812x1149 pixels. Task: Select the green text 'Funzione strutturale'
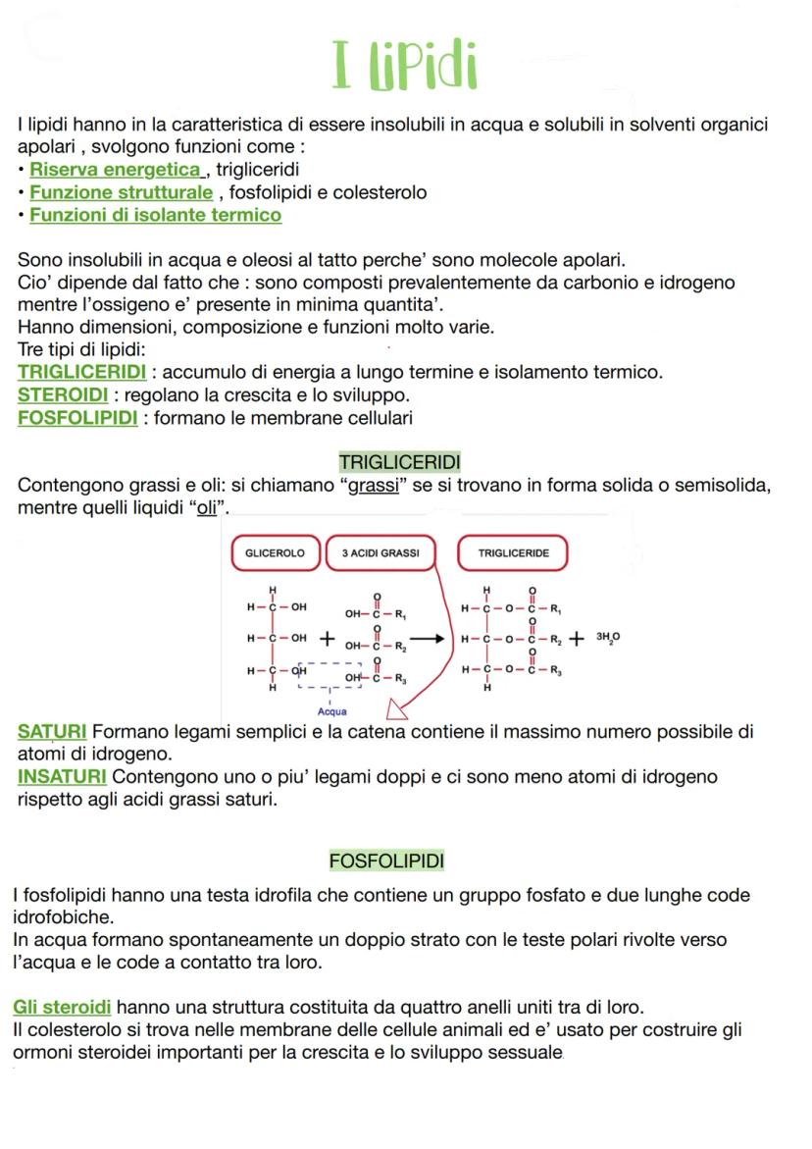point(121,192)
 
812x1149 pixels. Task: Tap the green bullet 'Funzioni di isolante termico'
point(155,215)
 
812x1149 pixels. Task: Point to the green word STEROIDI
point(64,395)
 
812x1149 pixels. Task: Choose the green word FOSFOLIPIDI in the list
point(77,418)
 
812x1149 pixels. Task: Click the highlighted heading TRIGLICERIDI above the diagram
point(399,461)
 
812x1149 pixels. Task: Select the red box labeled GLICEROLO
point(275,553)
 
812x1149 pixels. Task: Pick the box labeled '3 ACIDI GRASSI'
point(381,553)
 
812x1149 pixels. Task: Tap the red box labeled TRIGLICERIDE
point(513,553)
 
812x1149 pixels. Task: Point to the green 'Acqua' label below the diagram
point(332,711)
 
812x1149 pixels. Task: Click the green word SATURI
point(52,732)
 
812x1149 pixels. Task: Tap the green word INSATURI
point(62,777)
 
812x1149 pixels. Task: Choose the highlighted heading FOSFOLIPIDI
point(386,862)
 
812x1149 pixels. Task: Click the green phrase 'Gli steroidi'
point(62,1008)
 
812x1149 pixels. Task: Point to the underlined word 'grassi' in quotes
point(375,486)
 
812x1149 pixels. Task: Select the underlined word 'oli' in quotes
point(207,508)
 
